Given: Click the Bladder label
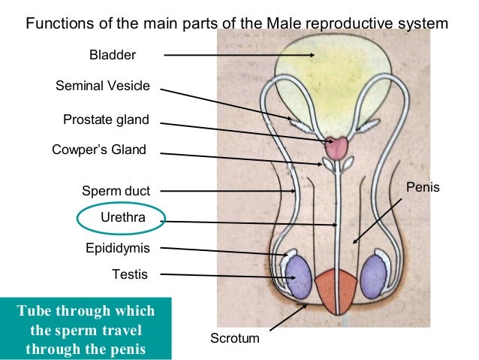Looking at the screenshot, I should [x=113, y=55].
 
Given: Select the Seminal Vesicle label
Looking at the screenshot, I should [x=103, y=86].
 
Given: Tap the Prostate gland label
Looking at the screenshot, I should [x=106, y=119].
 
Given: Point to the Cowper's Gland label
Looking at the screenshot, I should [x=98, y=150].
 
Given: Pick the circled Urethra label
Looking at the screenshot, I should [x=120, y=218].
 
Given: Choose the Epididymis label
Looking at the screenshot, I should [x=116, y=247].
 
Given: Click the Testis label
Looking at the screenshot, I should [x=130, y=274].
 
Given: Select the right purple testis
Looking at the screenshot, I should [x=373, y=277].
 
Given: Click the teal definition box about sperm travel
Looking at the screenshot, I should [x=86, y=329].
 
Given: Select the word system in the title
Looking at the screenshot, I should [x=424, y=23].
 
